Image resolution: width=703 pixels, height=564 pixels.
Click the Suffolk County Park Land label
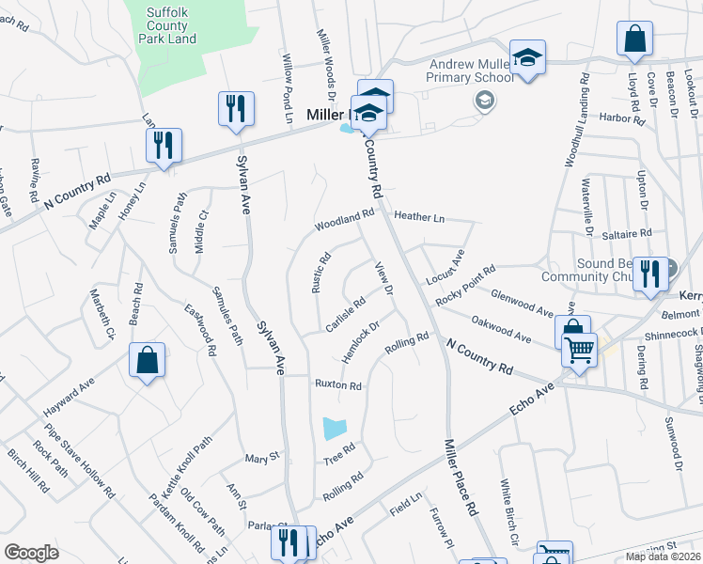tap(169, 27)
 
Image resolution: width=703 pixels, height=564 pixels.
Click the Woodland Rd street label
tap(344, 220)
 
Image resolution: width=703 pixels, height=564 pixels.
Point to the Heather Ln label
tap(419, 216)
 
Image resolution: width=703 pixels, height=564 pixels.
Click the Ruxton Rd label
tap(338, 385)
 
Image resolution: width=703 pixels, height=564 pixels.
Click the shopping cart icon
tap(579, 350)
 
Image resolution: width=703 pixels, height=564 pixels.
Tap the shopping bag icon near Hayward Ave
tap(148, 360)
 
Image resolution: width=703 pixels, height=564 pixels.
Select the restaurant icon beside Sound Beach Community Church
tap(650, 274)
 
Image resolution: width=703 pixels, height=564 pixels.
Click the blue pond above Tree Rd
tap(335, 429)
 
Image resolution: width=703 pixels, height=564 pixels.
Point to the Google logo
tap(31, 553)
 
